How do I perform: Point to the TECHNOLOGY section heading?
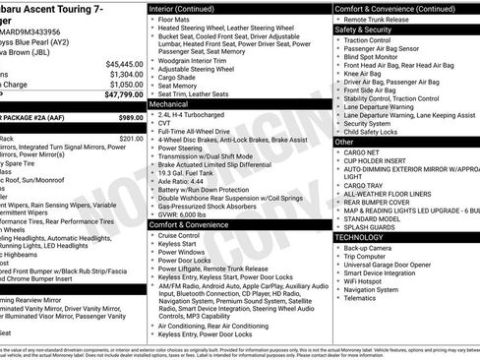tap(360, 237)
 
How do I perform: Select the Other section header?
tap(344, 142)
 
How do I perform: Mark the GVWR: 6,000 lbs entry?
tap(186, 213)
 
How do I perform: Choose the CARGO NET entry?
tap(363, 152)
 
